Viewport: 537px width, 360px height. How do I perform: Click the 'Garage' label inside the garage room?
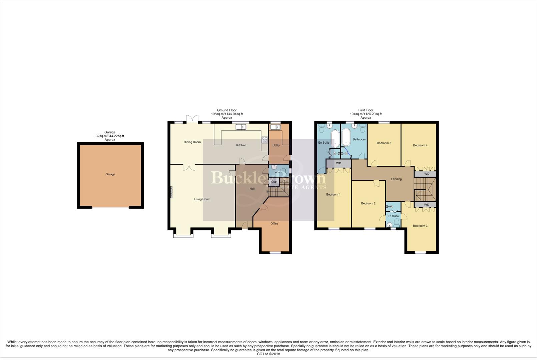(110, 174)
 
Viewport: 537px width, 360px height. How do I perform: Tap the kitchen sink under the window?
(240, 127)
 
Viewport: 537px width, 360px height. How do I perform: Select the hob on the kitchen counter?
(265, 140)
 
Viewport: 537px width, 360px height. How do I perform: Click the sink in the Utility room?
(275, 127)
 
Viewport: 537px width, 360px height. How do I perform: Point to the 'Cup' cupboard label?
(274, 182)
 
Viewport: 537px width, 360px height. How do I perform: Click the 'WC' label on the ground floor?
(277, 172)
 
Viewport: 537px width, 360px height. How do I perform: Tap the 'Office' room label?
(274, 224)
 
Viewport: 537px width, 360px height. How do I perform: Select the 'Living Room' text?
(202, 199)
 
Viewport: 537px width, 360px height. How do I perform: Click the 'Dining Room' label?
(192, 142)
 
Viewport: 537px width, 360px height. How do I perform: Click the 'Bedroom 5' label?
(384, 143)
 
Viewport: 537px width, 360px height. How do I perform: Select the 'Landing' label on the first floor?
(396, 179)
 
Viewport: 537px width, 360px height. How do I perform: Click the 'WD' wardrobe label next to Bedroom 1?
(339, 163)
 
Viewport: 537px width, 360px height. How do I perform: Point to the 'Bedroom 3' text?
(420, 226)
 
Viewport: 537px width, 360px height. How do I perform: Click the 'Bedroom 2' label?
(368, 203)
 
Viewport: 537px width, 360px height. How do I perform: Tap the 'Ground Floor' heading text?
(227, 110)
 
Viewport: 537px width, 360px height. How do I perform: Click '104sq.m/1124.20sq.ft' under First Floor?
(366, 114)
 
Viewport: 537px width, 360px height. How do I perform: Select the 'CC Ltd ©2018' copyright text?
(268, 354)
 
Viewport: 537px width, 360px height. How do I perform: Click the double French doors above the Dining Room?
(192, 119)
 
